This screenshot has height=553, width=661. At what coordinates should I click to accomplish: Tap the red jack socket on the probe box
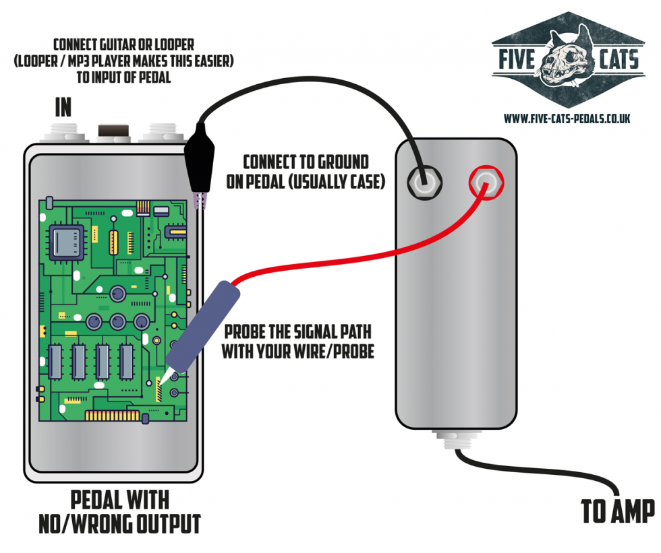(484, 182)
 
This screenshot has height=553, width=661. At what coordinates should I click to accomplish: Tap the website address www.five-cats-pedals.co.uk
(567, 118)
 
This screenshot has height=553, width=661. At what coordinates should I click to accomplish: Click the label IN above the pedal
(63, 108)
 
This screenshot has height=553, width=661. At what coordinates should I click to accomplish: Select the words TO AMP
(618, 511)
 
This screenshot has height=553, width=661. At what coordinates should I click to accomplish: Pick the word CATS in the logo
(618, 61)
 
